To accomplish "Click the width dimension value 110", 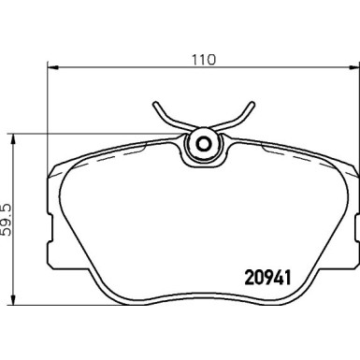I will pos(203,60).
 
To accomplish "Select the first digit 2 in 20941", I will pos(250,278).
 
